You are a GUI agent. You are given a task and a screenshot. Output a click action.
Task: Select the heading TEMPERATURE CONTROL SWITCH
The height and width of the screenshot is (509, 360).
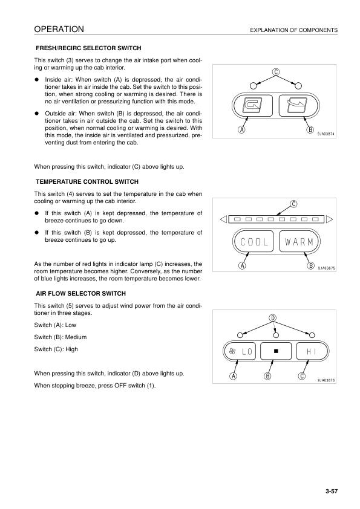pos(87,181)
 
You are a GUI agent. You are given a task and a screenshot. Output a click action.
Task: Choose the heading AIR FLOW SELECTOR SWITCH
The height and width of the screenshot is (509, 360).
pos(81,293)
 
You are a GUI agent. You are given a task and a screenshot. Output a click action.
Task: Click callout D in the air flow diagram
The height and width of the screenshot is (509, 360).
pos(273,318)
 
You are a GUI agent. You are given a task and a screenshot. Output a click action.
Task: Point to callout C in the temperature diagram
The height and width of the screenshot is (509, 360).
pos(293,203)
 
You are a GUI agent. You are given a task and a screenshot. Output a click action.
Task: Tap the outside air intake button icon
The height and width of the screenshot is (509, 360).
pos(297,106)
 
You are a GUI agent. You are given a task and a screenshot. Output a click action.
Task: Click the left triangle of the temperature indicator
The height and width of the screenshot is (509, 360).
pos(223,219)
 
